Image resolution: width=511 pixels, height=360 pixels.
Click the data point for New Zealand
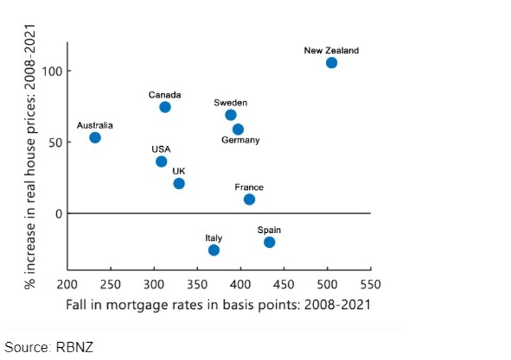coord(331,63)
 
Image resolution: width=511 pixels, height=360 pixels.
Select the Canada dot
coord(165,107)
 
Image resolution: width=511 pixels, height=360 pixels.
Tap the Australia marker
coord(95,137)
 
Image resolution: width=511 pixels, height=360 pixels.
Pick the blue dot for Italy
coord(214,250)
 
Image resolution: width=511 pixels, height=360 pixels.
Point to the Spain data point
coord(270,242)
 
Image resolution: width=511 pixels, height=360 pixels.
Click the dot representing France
coord(249,199)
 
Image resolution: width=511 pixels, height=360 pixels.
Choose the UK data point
coord(179,183)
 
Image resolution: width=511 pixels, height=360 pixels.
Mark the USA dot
coord(161,161)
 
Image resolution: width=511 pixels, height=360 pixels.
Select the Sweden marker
coord(231,115)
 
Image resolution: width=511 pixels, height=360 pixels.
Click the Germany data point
coord(238,129)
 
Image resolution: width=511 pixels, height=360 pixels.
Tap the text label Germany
coord(240,140)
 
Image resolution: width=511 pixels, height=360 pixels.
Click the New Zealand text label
coord(331,50)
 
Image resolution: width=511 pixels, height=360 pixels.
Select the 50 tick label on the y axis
coord(55,142)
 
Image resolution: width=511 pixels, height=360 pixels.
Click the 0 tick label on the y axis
coord(58,213)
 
